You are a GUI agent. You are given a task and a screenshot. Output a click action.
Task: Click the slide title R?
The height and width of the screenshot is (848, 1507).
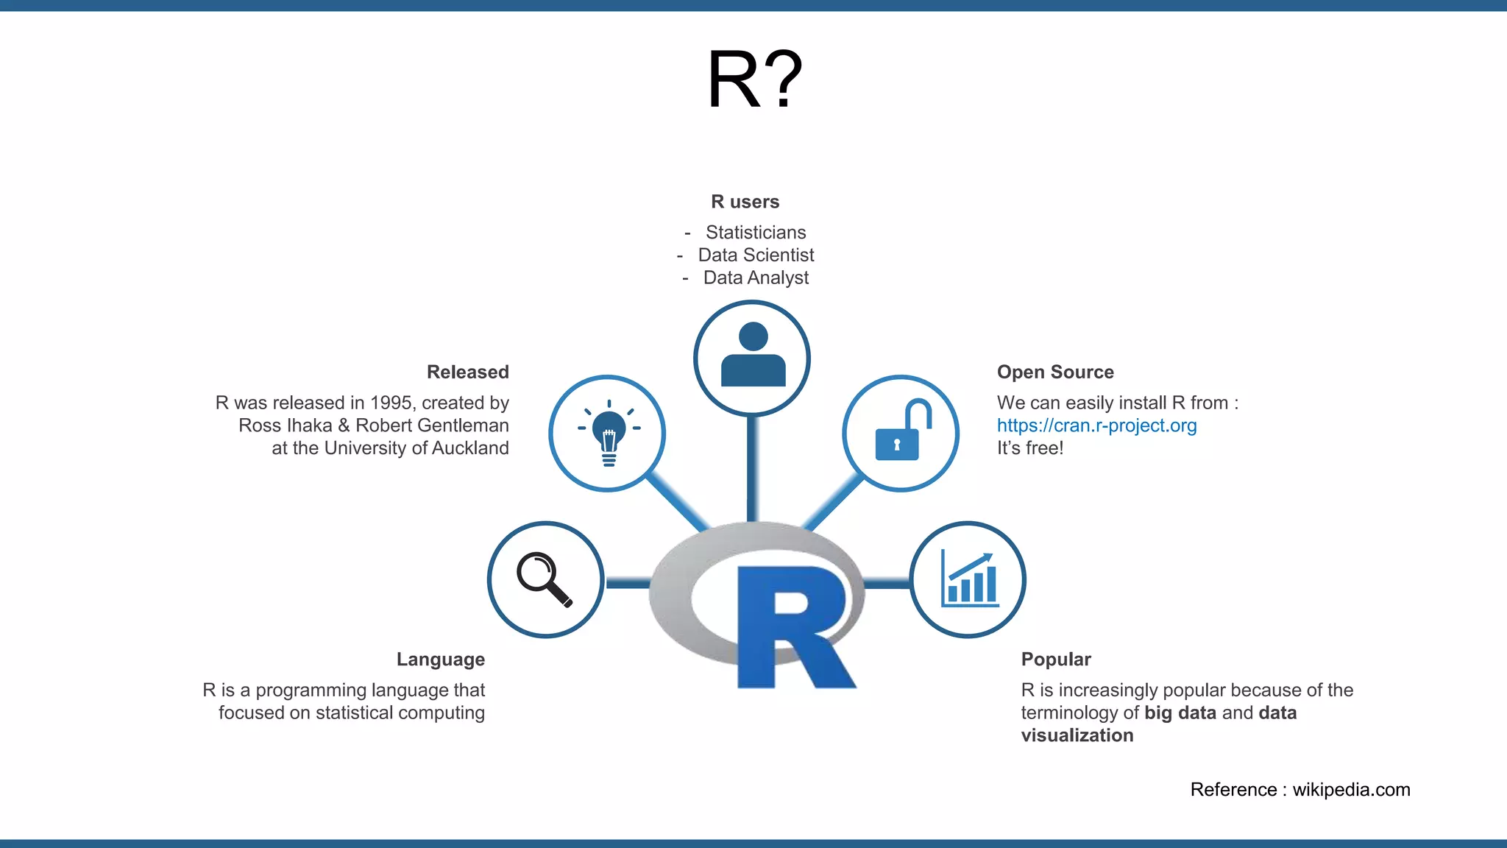tap(754, 79)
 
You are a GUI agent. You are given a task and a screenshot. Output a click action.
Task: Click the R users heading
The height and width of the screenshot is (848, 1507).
tap(745, 202)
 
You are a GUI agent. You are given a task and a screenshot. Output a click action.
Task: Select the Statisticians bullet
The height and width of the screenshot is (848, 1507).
tap(756, 233)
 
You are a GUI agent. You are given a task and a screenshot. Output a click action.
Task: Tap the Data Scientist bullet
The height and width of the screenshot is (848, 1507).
tap(756, 255)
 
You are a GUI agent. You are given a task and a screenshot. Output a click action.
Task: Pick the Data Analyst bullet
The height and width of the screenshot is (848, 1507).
tap(756, 278)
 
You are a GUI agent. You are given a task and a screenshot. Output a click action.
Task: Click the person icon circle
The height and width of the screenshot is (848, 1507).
tap(752, 358)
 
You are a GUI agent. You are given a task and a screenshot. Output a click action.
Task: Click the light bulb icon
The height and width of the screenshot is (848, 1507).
tap(608, 433)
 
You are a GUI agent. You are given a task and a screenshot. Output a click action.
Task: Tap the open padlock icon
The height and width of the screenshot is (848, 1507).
tap(901, 433)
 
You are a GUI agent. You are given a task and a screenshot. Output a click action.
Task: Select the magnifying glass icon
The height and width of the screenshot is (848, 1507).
tap(545, 579)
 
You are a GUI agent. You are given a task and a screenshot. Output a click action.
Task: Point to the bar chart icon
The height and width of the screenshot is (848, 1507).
tap(968, 579)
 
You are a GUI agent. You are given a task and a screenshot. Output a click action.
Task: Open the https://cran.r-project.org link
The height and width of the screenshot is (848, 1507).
tap(1096, 425)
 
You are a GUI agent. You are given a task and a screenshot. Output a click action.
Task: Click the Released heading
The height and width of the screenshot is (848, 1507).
tap(467, 372)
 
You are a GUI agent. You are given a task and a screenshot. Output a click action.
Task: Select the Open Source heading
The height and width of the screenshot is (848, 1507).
tap(1055, 372)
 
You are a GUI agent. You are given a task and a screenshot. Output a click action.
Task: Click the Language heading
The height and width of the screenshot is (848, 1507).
tap(440, 659)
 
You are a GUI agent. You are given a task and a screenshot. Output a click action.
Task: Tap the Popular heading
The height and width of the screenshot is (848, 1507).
tap(1055, 659)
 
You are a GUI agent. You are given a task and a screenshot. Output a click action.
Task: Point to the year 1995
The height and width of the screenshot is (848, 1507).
tap(391, 403)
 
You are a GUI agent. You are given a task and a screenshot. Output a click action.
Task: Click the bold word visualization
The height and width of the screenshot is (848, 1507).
tap(1077, 735)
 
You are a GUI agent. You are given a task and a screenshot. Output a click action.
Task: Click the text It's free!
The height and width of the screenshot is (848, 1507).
tap(1029, 448)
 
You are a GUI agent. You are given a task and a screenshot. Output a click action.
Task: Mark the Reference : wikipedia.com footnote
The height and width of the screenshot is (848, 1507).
tap(1299, 790)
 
